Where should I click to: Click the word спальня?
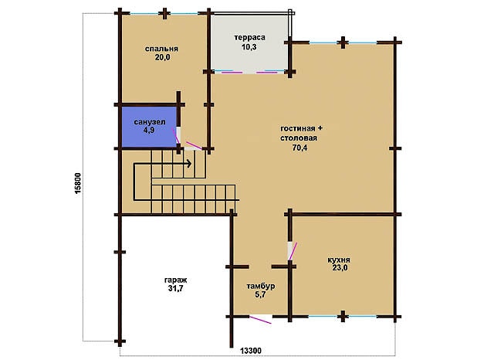click(x=161, y=49)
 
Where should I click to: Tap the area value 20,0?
click(x=162, y=57)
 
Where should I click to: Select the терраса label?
click(x=249, y=38)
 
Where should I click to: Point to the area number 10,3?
click(x=249, y=47)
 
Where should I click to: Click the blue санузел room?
click(x=149, y=127)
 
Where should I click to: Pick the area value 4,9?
click(x=149, y=130)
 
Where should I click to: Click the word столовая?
click(x=299, y=138)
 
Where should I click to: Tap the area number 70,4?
click(x=299, y=148)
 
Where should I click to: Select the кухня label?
click(x=339, y=260)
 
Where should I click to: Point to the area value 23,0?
click(x=340, y=268)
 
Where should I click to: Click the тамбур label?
click(x=261, y=287)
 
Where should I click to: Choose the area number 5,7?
click(x=260, y=295)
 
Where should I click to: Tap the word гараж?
click(x=176, y=280)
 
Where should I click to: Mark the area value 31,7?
click(x=176, y=288)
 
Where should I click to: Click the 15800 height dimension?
click(x=78, y=183)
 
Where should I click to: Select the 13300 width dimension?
click(x=251, y=351)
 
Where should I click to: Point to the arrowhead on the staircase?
click(x=188, y=164)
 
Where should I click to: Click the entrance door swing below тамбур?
click(x=260, y=320)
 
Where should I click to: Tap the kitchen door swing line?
click(x=293, y=251)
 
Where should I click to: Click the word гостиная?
click(x=298, y=128)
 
